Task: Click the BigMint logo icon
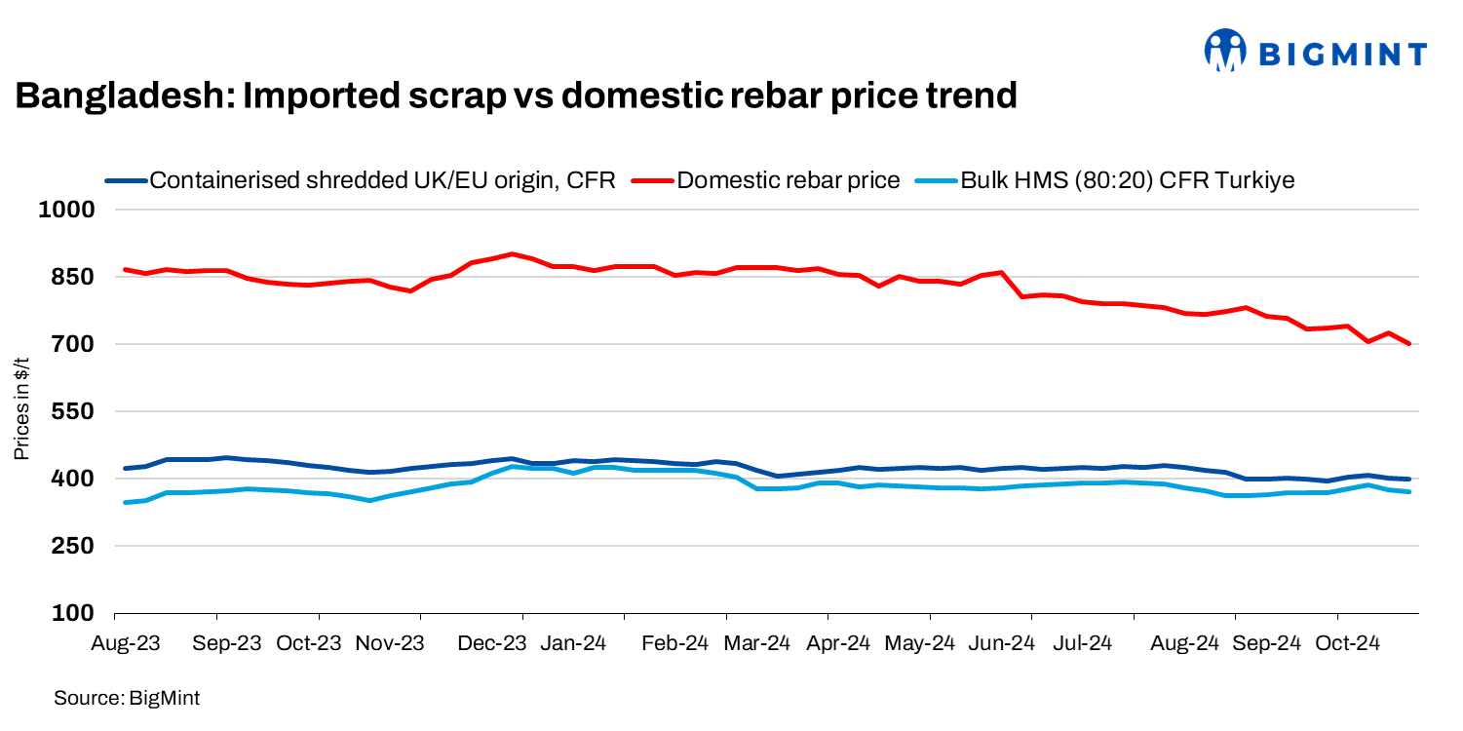click(x=1226, y=51)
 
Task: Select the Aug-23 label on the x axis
click(x=115, y=644)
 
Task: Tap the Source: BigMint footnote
click(x=127, y=698)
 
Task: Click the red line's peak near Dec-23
click(x=513, y=253)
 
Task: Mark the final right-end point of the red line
click(x=1409, y=344)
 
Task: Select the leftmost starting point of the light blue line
click(x=125, y=502)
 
